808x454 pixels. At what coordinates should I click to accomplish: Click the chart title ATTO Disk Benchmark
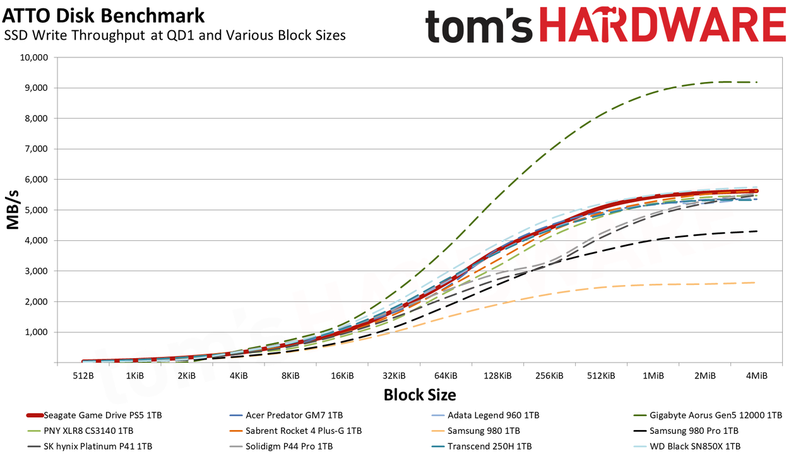(x=104, y=16)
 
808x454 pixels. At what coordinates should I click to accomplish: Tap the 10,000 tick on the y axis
(x=33, y=57)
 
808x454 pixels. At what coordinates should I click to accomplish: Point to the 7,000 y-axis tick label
(x=36, y=149)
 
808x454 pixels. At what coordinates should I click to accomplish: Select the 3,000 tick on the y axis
(x=36, y=271)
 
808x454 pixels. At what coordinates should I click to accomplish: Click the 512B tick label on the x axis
(x=83, y=376)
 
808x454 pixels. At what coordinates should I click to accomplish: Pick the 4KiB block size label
(x=239, y=376)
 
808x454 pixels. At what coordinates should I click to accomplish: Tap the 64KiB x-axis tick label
(x=446, y=376)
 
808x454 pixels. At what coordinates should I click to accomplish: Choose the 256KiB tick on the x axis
(x=549, y=376)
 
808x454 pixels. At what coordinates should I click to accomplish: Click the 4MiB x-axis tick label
(x=756, y=376)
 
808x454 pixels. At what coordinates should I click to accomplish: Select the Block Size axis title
(x=420, y=395)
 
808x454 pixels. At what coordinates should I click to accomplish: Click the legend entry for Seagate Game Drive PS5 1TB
(x=94, y=416)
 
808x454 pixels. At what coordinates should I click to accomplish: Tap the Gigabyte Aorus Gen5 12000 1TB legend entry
(x=708, y=416)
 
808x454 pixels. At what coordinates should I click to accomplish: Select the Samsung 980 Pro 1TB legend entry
(x=686, y=431)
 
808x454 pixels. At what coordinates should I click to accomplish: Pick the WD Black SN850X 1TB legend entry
(x=687, y=446)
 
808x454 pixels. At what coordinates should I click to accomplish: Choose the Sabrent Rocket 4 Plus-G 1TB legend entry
(x=295, y=431)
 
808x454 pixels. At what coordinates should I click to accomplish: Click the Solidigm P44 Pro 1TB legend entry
(x=281, y=446)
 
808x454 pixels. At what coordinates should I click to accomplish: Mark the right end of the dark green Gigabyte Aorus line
(x=756, y=83)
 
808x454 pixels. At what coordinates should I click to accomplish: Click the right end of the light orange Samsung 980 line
(x=755, y=282)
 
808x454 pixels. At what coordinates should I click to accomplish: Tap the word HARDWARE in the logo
(x=663, y=25)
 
